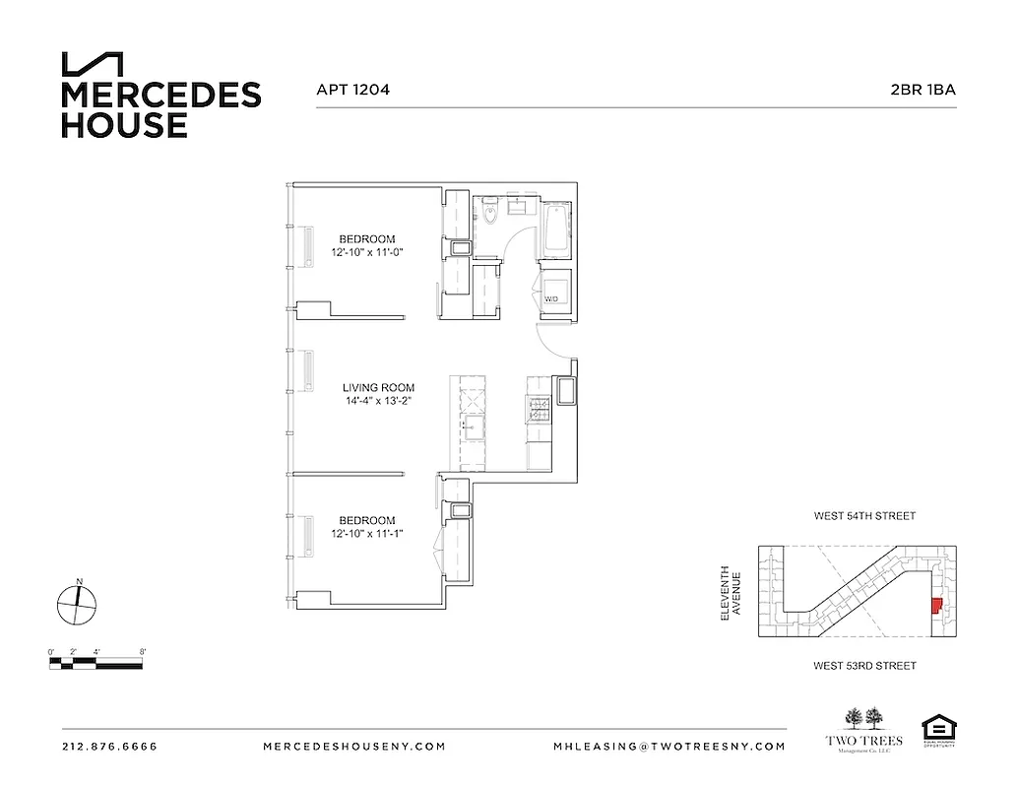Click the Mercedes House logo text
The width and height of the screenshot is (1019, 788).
160,108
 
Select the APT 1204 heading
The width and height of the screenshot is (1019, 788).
352,90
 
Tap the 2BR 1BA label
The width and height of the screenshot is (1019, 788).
923,90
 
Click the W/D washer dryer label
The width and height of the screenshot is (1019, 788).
552,298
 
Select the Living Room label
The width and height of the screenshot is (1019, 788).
378,387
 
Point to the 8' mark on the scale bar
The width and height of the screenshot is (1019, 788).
143,652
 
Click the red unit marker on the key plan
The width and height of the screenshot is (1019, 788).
935,607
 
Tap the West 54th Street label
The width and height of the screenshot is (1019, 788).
864,515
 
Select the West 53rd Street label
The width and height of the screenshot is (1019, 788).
864,666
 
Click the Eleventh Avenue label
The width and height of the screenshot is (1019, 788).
728,592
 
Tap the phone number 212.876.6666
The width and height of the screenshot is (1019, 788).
109,747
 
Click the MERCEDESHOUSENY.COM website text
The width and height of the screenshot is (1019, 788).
354,747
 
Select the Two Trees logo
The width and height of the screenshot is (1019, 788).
855,730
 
